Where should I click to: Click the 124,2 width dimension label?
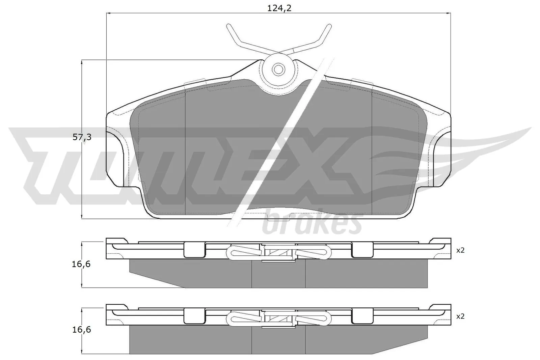279,8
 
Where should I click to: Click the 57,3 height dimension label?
82,137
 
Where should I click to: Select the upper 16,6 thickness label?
81,264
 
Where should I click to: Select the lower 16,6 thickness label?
81,330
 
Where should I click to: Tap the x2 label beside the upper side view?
460,250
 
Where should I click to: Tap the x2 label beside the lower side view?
460,316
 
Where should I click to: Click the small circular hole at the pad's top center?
278,70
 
